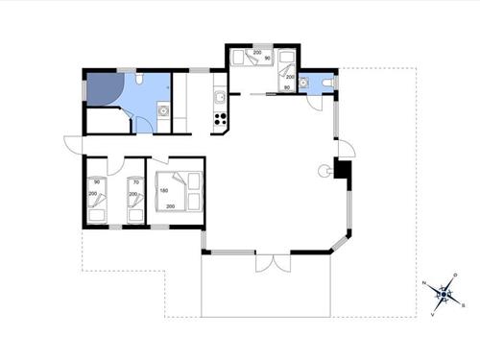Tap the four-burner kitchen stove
220,120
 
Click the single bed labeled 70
136,197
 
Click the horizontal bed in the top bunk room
253,59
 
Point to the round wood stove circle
324,171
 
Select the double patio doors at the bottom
274,261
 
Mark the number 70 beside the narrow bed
135,181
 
